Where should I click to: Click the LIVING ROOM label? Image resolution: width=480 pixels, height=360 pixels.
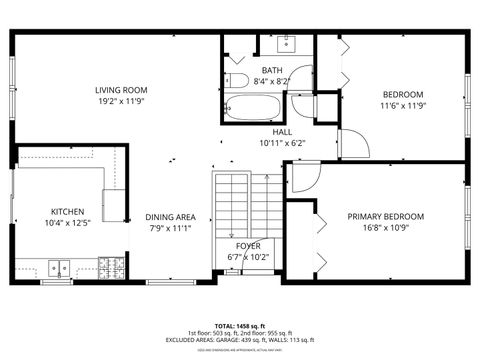tap(121, 89)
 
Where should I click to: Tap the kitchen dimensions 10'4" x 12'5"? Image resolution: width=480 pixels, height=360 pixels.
tap(68, 223)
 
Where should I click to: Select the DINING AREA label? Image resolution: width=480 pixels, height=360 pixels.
tap(170, 217)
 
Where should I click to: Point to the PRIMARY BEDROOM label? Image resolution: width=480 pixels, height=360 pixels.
tap(385, 216)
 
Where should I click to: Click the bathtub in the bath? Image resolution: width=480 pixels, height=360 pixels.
tap(254, 106)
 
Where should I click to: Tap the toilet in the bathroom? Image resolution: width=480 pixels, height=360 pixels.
tap(236, 81)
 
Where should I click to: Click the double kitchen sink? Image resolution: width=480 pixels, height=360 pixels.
tap(59, 268)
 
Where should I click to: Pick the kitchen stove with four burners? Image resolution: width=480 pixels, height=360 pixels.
tap(112, 268)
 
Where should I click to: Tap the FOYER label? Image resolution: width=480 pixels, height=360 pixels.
tap(248, 245)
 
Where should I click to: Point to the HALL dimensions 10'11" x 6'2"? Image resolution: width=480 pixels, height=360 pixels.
tap(282, 142)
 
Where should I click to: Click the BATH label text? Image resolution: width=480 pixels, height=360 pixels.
tap(271, 70)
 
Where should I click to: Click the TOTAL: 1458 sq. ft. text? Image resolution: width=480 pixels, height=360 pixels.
tap(240, 325)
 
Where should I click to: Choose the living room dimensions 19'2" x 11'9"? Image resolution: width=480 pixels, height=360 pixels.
tap(121, 101)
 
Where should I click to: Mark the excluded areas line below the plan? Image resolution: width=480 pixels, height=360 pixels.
tap(240, 340)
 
